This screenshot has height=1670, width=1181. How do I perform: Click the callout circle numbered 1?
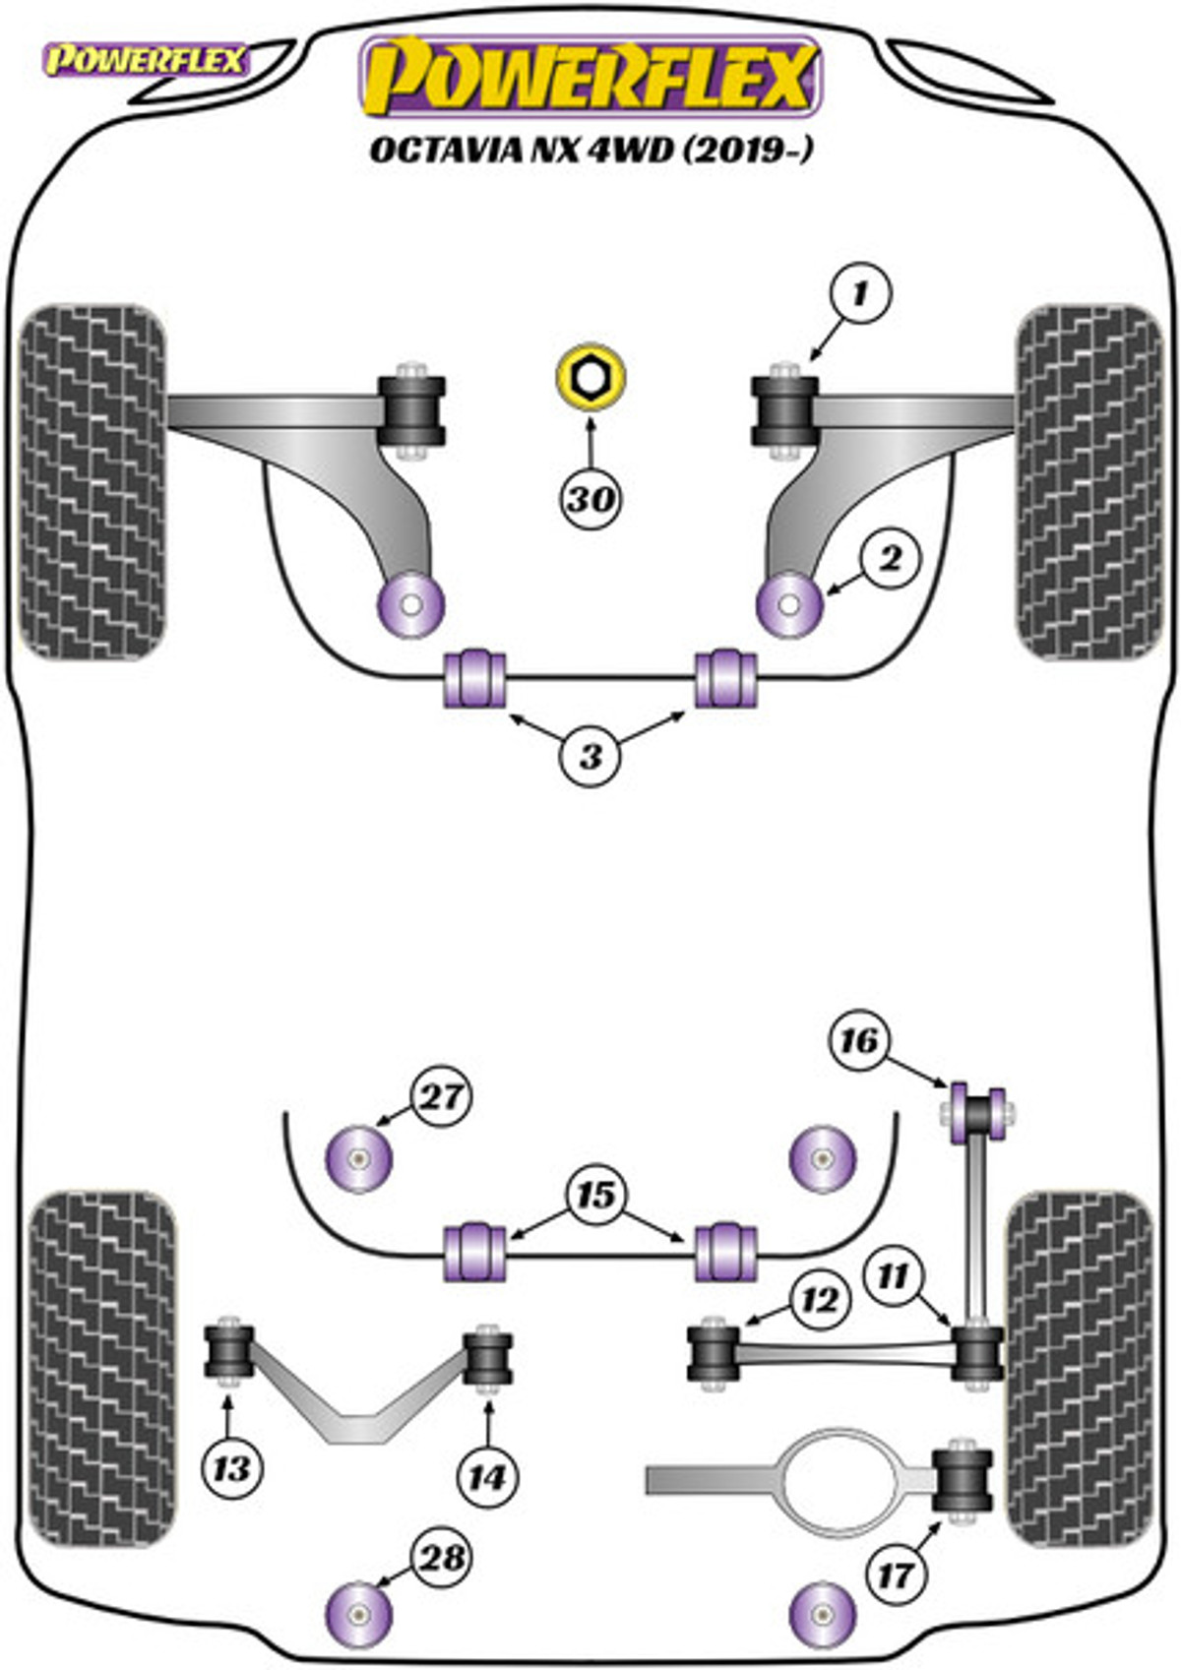coord(860,294)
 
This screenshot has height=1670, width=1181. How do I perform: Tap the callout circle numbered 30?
coord(590,499)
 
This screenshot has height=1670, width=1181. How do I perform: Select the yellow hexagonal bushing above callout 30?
coord(590,376)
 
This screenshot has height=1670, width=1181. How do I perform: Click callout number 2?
coord(890,559)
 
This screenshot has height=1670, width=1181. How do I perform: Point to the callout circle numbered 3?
coord(590,756)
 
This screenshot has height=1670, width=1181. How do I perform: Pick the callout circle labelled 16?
coord(858,1040)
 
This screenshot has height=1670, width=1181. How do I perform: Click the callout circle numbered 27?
coord(441,1096)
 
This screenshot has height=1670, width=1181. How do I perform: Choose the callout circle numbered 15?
coord(595,1195)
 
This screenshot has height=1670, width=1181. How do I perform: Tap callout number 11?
coord(893,1276)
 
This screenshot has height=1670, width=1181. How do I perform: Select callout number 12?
coord(819,1300)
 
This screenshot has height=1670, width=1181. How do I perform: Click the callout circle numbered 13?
coord(232,1469)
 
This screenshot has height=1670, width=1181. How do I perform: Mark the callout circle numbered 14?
coord(487,1476)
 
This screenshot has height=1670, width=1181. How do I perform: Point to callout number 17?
coord(895,1576)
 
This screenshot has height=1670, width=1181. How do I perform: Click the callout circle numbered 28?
coord(442,1558)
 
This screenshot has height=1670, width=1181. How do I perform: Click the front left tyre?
coord(93,481)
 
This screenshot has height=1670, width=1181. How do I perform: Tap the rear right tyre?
coord(1079,1368)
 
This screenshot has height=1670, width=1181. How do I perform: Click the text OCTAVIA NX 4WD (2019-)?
coord(590,150)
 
